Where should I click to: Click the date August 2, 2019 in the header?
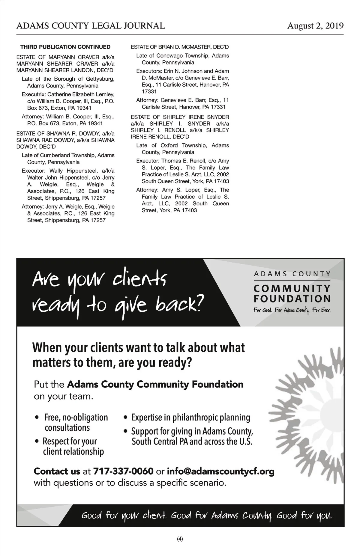coord(315,26)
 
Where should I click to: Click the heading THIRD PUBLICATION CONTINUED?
coord(65,47)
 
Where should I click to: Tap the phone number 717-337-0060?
coord(123,471)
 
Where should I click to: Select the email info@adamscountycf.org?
coord(220,471)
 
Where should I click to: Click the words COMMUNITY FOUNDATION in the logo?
coord(292,294)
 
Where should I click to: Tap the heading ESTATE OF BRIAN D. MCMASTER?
coord(180,47)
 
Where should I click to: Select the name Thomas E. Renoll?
coord(183,161)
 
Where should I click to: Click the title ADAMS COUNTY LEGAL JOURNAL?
coord(91,26)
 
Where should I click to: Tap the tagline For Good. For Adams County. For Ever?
coord(292,310)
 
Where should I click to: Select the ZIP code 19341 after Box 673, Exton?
coord(84,108)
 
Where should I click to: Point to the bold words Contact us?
coord(57,471)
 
